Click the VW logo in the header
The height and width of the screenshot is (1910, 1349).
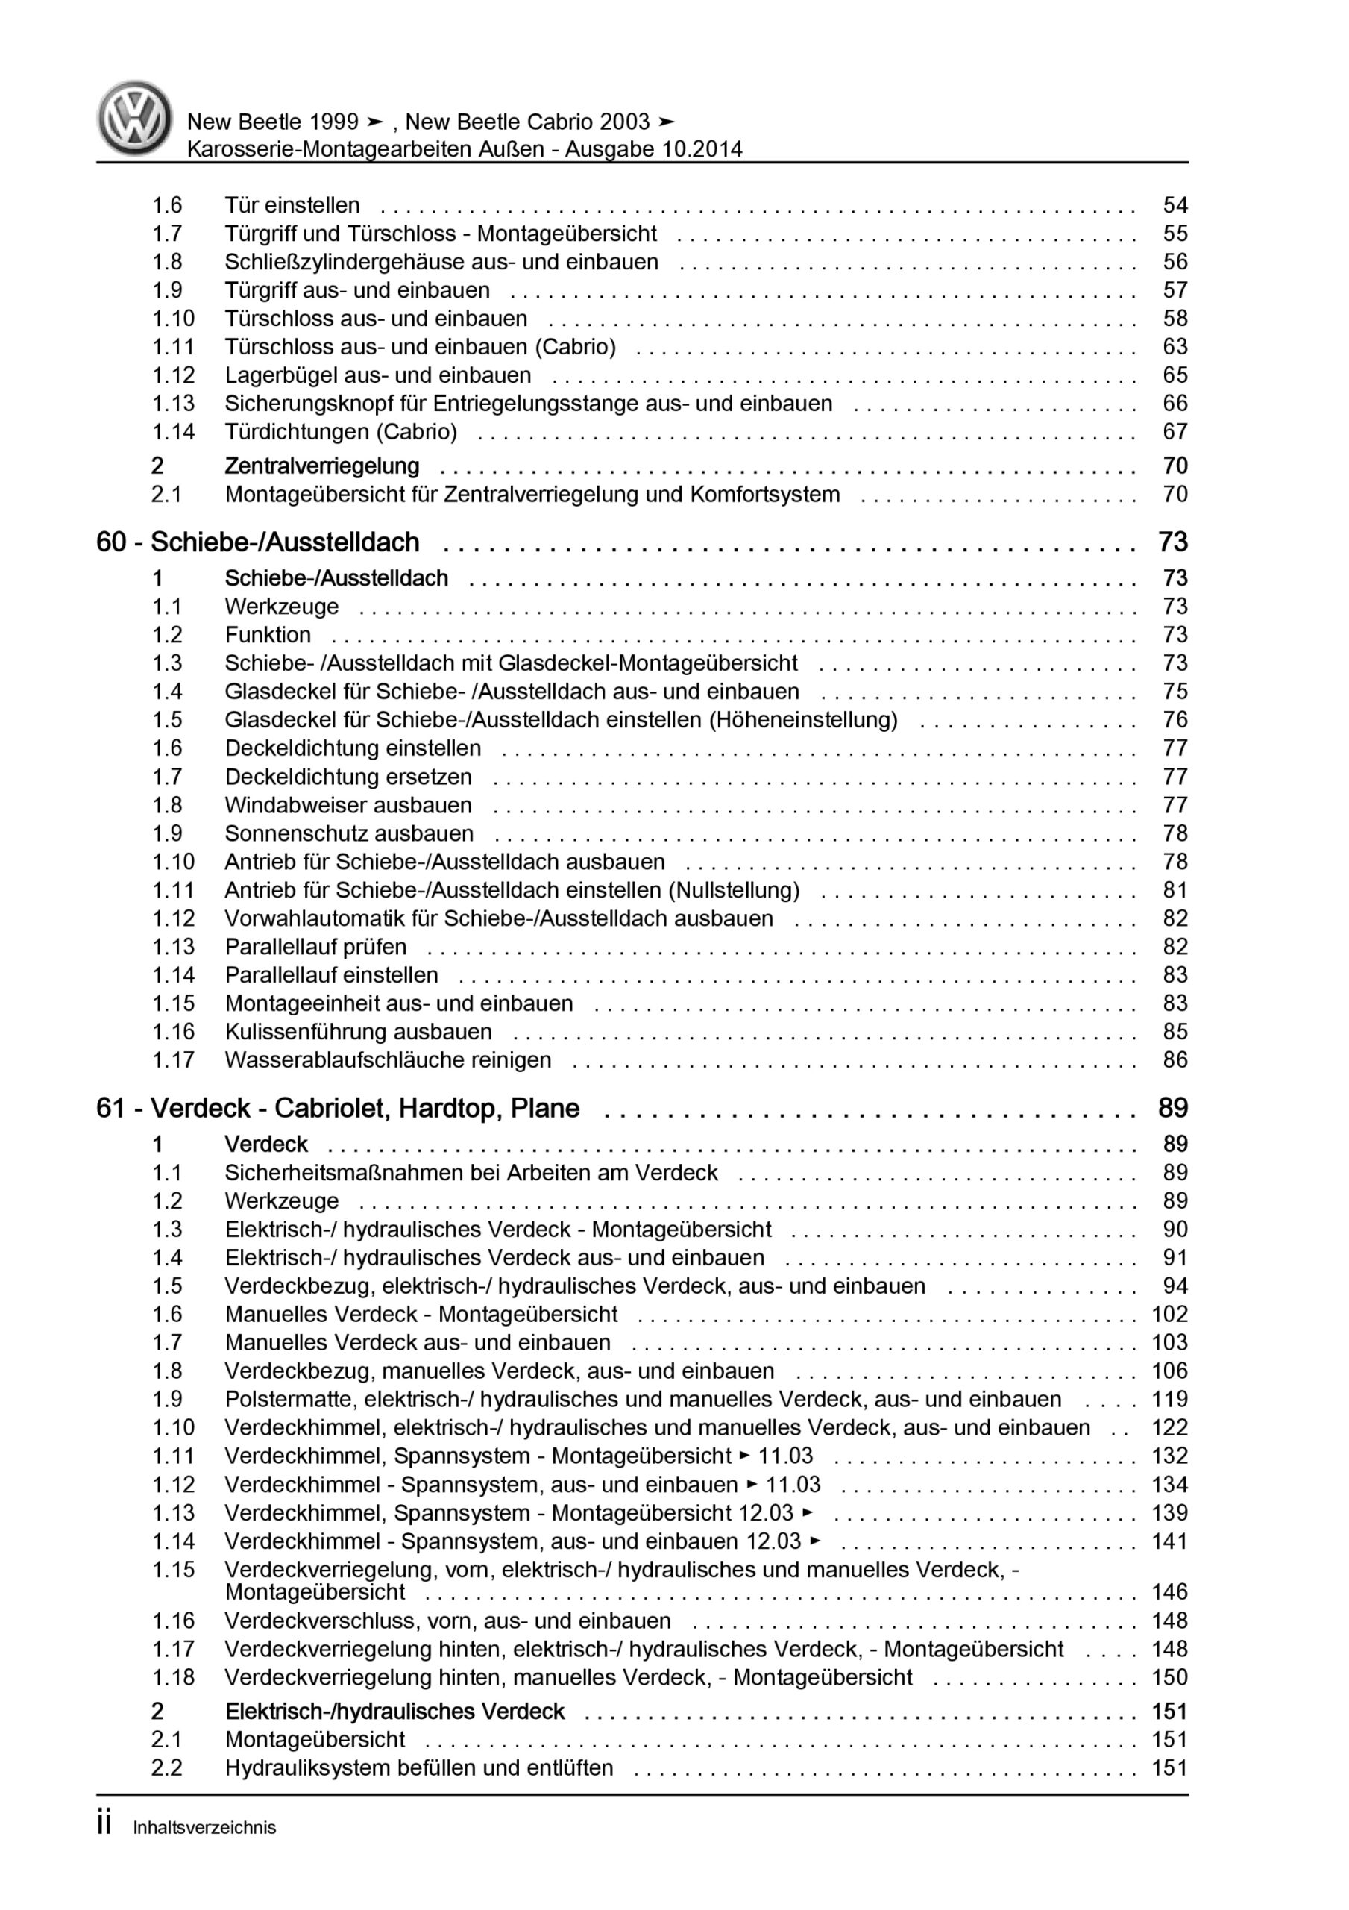coord(135,118)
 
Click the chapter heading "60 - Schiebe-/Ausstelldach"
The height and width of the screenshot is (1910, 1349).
coord(258,542)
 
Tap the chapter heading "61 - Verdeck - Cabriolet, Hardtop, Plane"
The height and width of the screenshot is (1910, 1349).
coord(338,1108)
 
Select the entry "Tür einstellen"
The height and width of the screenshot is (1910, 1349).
coord(292,205)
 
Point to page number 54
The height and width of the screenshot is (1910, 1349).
coord(1175,205)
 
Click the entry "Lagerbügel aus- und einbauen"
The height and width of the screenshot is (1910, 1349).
coord(377,375)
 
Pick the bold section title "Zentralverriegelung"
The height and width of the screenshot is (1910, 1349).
coord(322,466)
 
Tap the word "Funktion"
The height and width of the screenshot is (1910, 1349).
coord(268,635)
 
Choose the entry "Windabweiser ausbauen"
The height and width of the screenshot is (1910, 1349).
coord(348,805)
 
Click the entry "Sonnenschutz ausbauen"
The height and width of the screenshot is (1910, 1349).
coord(348,833)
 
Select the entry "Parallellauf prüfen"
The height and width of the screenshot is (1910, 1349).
coord(315,947)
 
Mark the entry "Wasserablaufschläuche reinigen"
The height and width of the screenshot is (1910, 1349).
coord(388,1059)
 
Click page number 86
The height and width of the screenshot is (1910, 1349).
coord(1175,1059)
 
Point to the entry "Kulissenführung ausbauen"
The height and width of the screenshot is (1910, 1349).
coord(358,1032)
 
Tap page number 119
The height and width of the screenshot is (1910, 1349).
coord(1169,1399)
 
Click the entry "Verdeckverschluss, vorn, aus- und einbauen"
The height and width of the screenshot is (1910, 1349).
coord(447,1621)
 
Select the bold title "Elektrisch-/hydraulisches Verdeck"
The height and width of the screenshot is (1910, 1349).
coord(394,1712)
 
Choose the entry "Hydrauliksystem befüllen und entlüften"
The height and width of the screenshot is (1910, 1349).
coord(418,1767)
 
